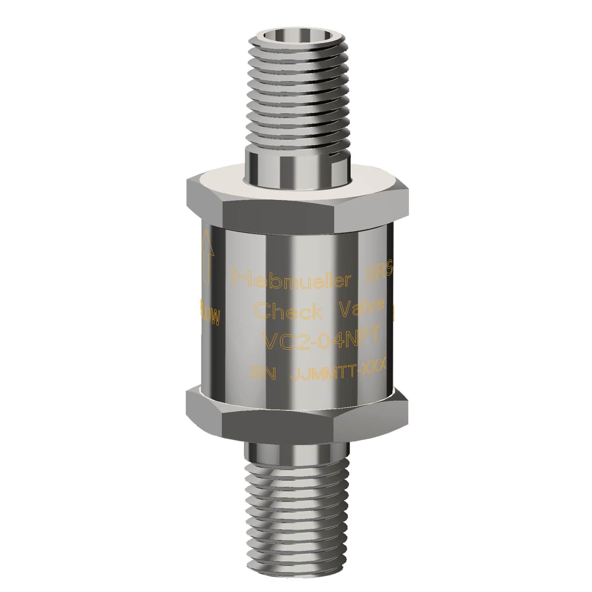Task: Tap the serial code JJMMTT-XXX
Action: pos(337,370)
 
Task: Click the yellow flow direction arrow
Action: pos(207,257)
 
